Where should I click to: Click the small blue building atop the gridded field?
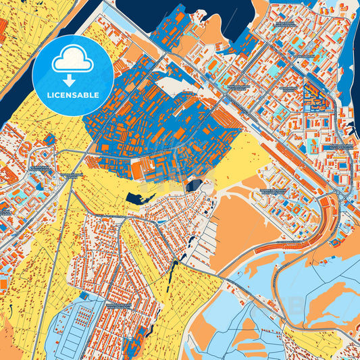[84, 296]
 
